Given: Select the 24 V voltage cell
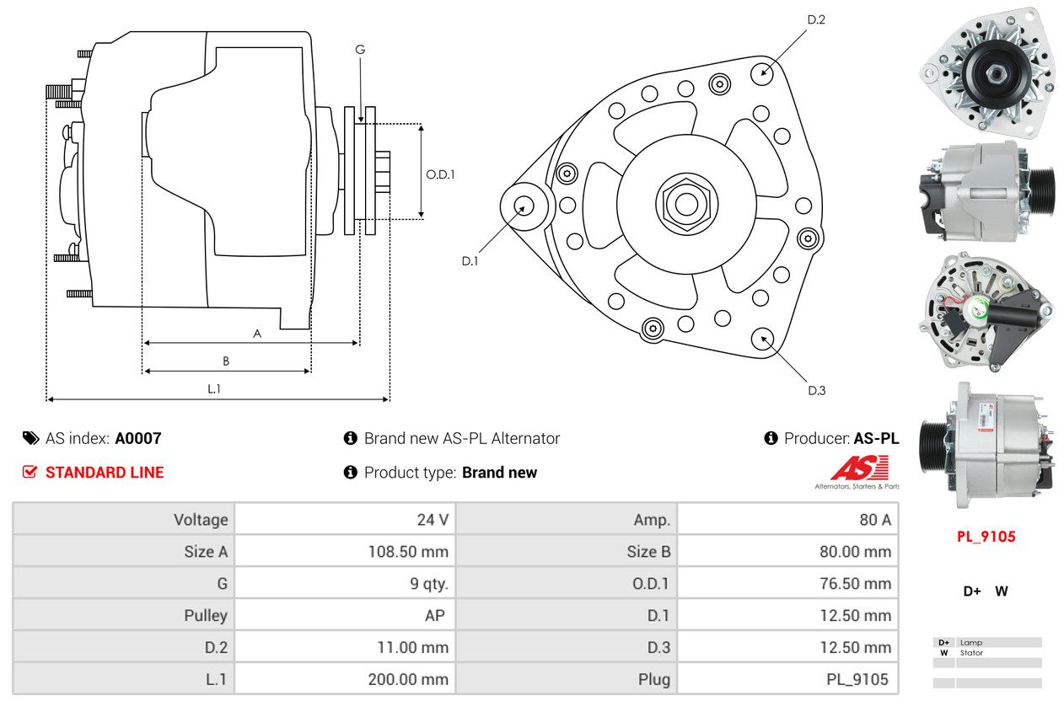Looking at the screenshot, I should point(433,520).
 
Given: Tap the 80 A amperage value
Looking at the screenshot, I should point(874,520).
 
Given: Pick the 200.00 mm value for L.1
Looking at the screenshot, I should point(408,679).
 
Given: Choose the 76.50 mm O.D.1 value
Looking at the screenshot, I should point(854,584).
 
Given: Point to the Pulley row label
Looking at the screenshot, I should point(206,616).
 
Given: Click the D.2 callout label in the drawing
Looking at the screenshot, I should point(816,19).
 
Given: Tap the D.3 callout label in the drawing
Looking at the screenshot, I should point(816,390).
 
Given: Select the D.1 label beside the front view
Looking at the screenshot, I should point(470,261).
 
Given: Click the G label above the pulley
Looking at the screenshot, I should point(360,50).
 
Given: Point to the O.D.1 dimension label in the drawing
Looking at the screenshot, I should point(440,175).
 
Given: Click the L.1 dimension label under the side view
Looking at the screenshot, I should point(214,388).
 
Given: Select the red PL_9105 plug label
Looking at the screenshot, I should point(986,537).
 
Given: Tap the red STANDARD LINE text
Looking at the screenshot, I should point(104,473).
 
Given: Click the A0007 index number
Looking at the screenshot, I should point(137,438).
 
